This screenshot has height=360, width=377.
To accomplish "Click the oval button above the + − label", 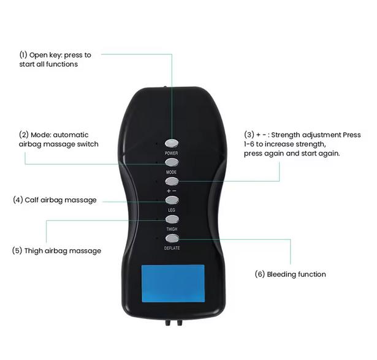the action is pos(172,181).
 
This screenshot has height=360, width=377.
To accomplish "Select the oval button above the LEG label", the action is pos(172,200).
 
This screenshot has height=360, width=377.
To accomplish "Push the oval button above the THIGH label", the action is pos(172,219).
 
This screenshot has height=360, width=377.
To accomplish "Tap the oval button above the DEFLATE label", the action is pos(172,238).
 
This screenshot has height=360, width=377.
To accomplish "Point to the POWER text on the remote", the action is pos(172,152).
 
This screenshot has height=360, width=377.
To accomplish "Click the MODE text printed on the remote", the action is pos(172,172).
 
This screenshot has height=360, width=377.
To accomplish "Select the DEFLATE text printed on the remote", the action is pos(172,248).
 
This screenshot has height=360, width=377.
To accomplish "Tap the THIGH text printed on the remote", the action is pos(172,229).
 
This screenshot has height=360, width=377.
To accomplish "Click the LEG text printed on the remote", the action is pos(172,210).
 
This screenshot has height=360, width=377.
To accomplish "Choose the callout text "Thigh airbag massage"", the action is pos(62,250).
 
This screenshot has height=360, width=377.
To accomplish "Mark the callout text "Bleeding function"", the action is pos(297,274).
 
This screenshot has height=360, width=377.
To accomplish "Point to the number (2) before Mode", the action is pos(24,135).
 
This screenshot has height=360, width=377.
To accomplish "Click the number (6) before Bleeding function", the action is pos(260,274).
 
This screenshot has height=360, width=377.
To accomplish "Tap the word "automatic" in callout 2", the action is pos(71,135).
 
